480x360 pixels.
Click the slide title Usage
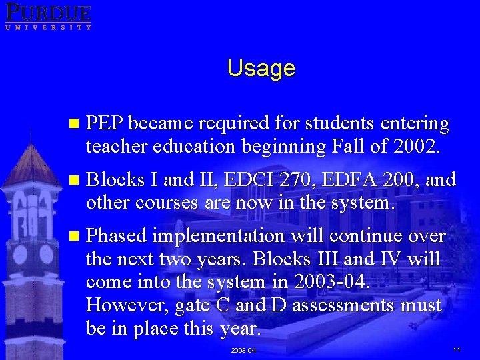(261, 68)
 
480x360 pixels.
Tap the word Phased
(117, 236)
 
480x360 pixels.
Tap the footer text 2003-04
(243, 350)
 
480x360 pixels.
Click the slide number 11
(456, 349)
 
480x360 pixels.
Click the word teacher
(113, 147)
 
